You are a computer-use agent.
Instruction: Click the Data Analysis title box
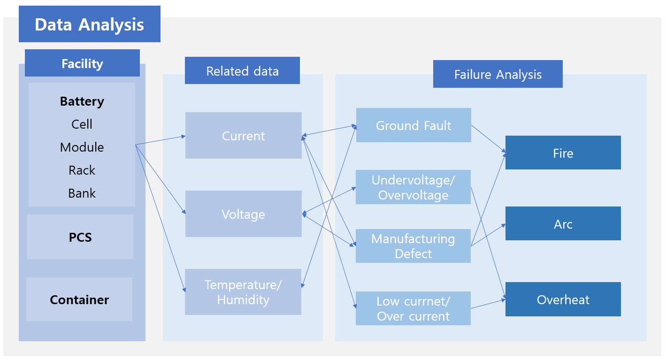90,24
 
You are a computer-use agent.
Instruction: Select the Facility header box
82,63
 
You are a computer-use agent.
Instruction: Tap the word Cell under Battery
82,124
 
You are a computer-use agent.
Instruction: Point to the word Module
82,147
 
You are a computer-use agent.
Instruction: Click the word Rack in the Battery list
82,170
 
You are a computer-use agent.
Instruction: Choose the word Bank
82,193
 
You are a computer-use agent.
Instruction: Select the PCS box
80,237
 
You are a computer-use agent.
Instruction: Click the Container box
79,299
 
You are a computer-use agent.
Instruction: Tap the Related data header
242,70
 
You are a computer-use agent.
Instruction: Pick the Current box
244,135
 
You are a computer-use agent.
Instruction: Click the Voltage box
244,214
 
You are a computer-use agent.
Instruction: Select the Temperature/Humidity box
243,292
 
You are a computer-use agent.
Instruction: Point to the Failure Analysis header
498,74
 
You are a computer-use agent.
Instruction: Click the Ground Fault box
413,125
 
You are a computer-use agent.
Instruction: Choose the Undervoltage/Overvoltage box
413,187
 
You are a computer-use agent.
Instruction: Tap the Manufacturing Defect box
413,246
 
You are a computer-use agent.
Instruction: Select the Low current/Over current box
413,308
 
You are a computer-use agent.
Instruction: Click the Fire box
563,153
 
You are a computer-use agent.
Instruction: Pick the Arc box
563,223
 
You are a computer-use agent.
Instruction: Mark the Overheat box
563,299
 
